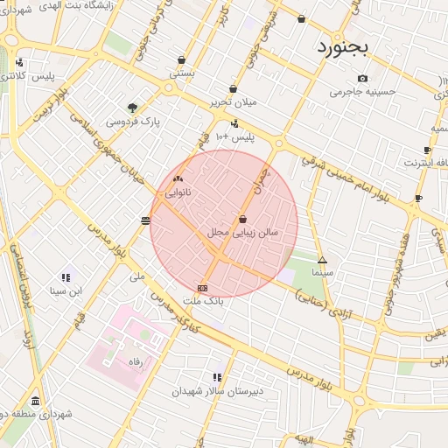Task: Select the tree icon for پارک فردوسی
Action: click(x=132, y=108)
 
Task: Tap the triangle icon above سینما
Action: click(x=322, y=260)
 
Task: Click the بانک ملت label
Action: click(x=203, y=300)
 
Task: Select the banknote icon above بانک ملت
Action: click(x=203, y=288)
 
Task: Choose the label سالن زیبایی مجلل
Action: click(x=242, y=233)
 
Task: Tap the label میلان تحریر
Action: click(x=231, y=102)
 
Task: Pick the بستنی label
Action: click(x=181, y=74)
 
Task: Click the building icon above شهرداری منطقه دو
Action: click(x=35, y=398)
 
